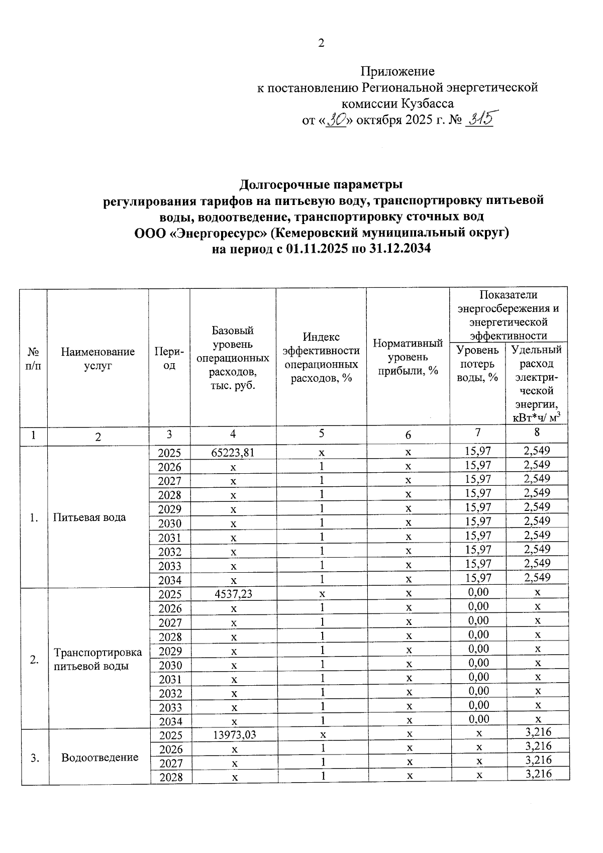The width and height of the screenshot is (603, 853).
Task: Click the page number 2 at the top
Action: [x=321, y=43]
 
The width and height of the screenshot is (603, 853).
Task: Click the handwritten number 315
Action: [x=479, y=119]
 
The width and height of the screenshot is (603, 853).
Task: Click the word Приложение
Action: [x=397, y=71]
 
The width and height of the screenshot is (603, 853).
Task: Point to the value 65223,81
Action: [x=233, y=452]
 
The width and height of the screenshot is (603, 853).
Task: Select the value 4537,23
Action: [x=233, y=594]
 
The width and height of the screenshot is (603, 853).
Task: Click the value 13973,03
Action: [x=234, y=735]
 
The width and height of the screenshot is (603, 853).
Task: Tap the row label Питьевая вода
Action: [x=89, y=517]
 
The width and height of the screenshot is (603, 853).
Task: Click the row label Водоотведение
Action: [x=99, y=757]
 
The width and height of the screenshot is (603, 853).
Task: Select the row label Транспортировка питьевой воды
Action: [x=97, y=659]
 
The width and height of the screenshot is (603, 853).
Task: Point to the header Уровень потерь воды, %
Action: [x=477, y=363]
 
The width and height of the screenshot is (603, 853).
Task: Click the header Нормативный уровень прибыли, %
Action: [x=408, y=357]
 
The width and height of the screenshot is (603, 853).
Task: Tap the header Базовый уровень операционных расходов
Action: [x=233, y=358]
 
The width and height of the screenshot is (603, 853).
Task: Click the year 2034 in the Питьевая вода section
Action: [x=169, y=580]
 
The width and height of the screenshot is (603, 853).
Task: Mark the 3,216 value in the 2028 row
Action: [x=538, y=774]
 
